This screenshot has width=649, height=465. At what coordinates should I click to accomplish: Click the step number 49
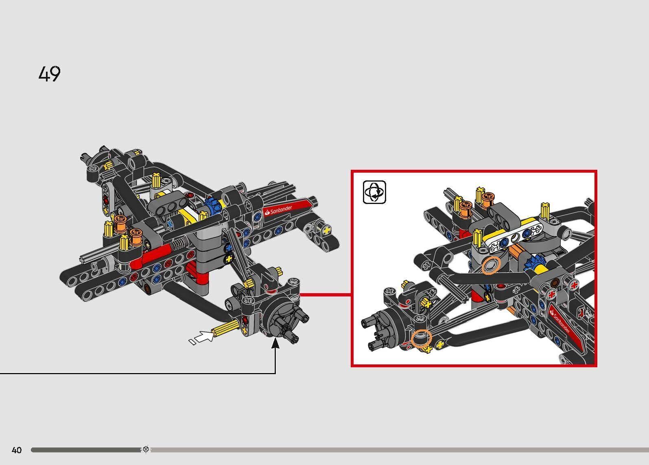(50, 74)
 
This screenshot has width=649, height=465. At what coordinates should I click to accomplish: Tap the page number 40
(17, 450)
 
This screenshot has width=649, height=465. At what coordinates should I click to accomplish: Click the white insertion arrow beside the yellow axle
(202, 337)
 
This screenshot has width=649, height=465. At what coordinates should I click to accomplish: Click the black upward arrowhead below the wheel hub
(275, 344)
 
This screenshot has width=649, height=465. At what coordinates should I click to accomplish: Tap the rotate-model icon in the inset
(374, 192)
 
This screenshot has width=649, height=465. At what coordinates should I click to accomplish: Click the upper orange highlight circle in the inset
(489, 265)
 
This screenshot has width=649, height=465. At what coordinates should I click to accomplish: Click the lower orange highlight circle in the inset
(421, 339)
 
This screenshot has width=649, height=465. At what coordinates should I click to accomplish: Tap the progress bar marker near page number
(146, 450)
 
